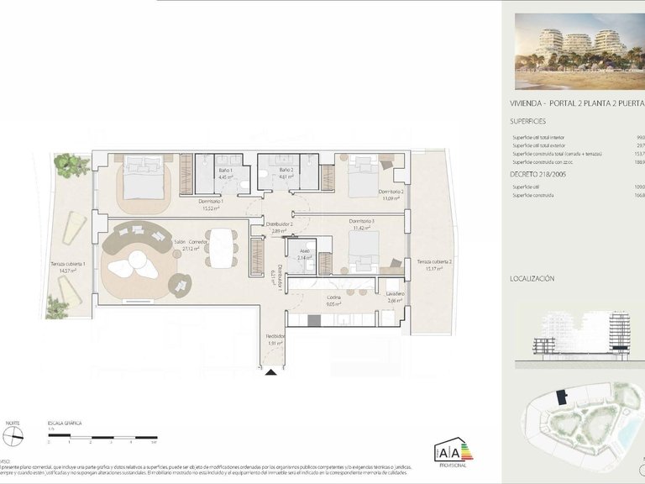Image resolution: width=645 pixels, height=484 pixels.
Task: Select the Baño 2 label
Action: pos(286,171)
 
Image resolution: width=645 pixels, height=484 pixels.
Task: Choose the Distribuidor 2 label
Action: pos(279,225)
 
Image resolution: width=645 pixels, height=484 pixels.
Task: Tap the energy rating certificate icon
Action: pos(454,451)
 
